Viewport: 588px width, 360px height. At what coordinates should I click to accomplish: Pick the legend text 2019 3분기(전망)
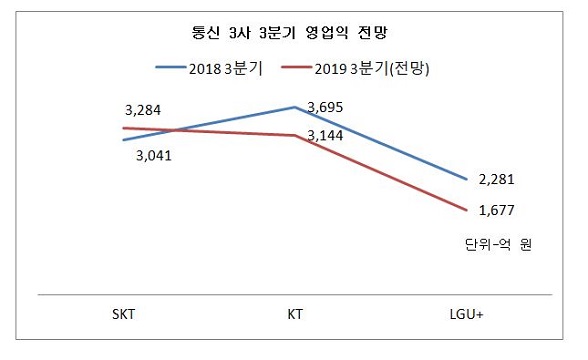point(374,68)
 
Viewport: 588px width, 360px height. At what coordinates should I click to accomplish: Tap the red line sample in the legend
point(296,68)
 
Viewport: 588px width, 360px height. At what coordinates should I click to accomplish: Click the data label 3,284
point(142,109)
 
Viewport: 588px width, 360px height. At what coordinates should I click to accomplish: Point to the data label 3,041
point(153,155)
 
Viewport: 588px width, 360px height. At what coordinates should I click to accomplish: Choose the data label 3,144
point(327,132)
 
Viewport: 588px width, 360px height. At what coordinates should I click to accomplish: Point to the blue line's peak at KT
point(295,106)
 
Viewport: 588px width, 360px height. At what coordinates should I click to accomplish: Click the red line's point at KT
point(295,135)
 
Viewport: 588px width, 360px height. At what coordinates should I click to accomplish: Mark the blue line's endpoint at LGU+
point(467,179)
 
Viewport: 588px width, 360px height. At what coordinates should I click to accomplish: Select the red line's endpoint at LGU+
point(467,210)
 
